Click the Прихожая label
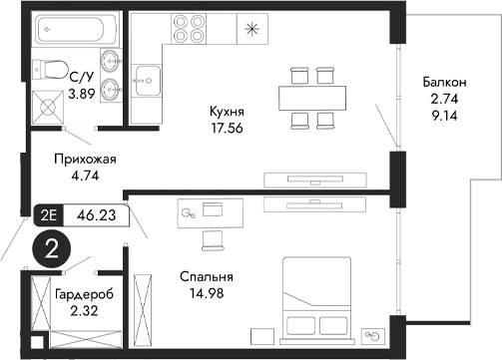[x=79, y=158]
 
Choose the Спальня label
[x=207, y=276]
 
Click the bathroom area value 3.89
[x=82, y=95]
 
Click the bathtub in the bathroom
[x=75, y=31]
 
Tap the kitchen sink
[x=150, y=77]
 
